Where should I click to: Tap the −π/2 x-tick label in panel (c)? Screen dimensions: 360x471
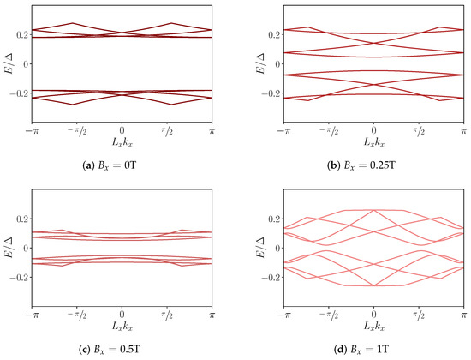click(x=77, y=311)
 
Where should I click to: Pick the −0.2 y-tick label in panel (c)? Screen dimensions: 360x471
click(x=18, y=278)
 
